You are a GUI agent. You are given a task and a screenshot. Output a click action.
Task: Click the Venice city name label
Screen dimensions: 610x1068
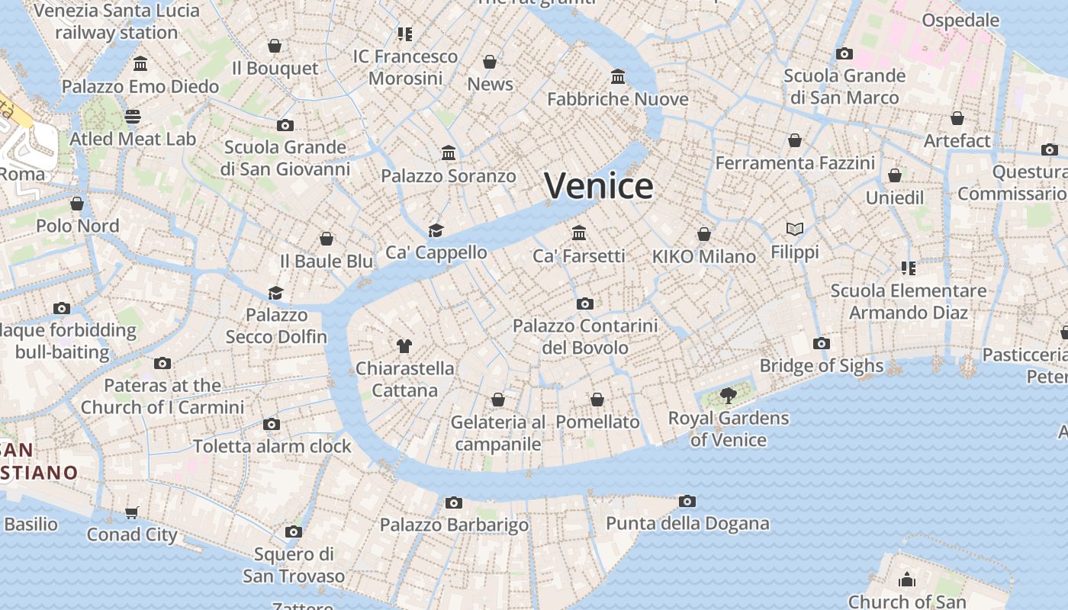[x=599, y=186]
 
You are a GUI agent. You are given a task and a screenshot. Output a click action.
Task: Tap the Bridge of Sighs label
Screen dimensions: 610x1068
[x=821, y=366]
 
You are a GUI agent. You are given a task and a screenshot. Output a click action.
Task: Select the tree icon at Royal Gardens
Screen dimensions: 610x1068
[x=729, y=395]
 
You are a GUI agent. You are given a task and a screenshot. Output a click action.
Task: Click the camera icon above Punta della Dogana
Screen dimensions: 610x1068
[x=687, y=501]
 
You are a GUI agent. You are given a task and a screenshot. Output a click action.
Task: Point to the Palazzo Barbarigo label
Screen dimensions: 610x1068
[x=454, y=525]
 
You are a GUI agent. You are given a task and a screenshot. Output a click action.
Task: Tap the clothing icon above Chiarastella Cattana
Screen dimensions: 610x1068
[x=404, y=346]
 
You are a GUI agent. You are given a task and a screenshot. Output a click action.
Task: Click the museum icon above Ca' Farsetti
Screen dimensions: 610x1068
[x=579, y=233]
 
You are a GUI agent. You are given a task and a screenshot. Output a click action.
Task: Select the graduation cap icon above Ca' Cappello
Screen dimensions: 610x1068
[x=436, y=230]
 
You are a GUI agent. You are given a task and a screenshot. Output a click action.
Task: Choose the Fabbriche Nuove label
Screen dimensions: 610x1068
[x=618, y=99]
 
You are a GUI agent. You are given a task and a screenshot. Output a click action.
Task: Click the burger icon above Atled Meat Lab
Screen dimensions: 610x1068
[x=133, y=117]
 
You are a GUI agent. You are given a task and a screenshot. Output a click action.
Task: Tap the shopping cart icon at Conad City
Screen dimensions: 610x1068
[x=132, y=512]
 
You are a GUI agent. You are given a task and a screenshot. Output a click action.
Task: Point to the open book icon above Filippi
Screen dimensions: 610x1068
[x=795, y=229]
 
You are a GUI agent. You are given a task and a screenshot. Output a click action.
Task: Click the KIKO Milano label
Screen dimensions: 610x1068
[x=703, y=257]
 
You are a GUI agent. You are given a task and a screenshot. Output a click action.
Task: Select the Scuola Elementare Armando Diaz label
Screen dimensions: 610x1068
[x=908, y=301]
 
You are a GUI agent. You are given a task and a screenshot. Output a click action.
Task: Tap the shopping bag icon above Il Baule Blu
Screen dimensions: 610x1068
[x=327, y=239]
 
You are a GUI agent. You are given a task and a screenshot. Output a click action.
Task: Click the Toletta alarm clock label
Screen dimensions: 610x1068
[x=272, y=446]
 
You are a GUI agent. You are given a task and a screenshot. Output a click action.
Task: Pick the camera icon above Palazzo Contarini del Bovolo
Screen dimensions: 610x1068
[x=585, y=303]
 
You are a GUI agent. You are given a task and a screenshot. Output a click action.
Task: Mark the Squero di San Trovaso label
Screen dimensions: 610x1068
[x=294, y=565]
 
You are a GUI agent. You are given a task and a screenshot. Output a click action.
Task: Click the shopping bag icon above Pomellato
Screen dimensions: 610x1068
[x=597, y=400]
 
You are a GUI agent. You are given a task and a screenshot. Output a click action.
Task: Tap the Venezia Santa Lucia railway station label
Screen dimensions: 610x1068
[x=117, y=21]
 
